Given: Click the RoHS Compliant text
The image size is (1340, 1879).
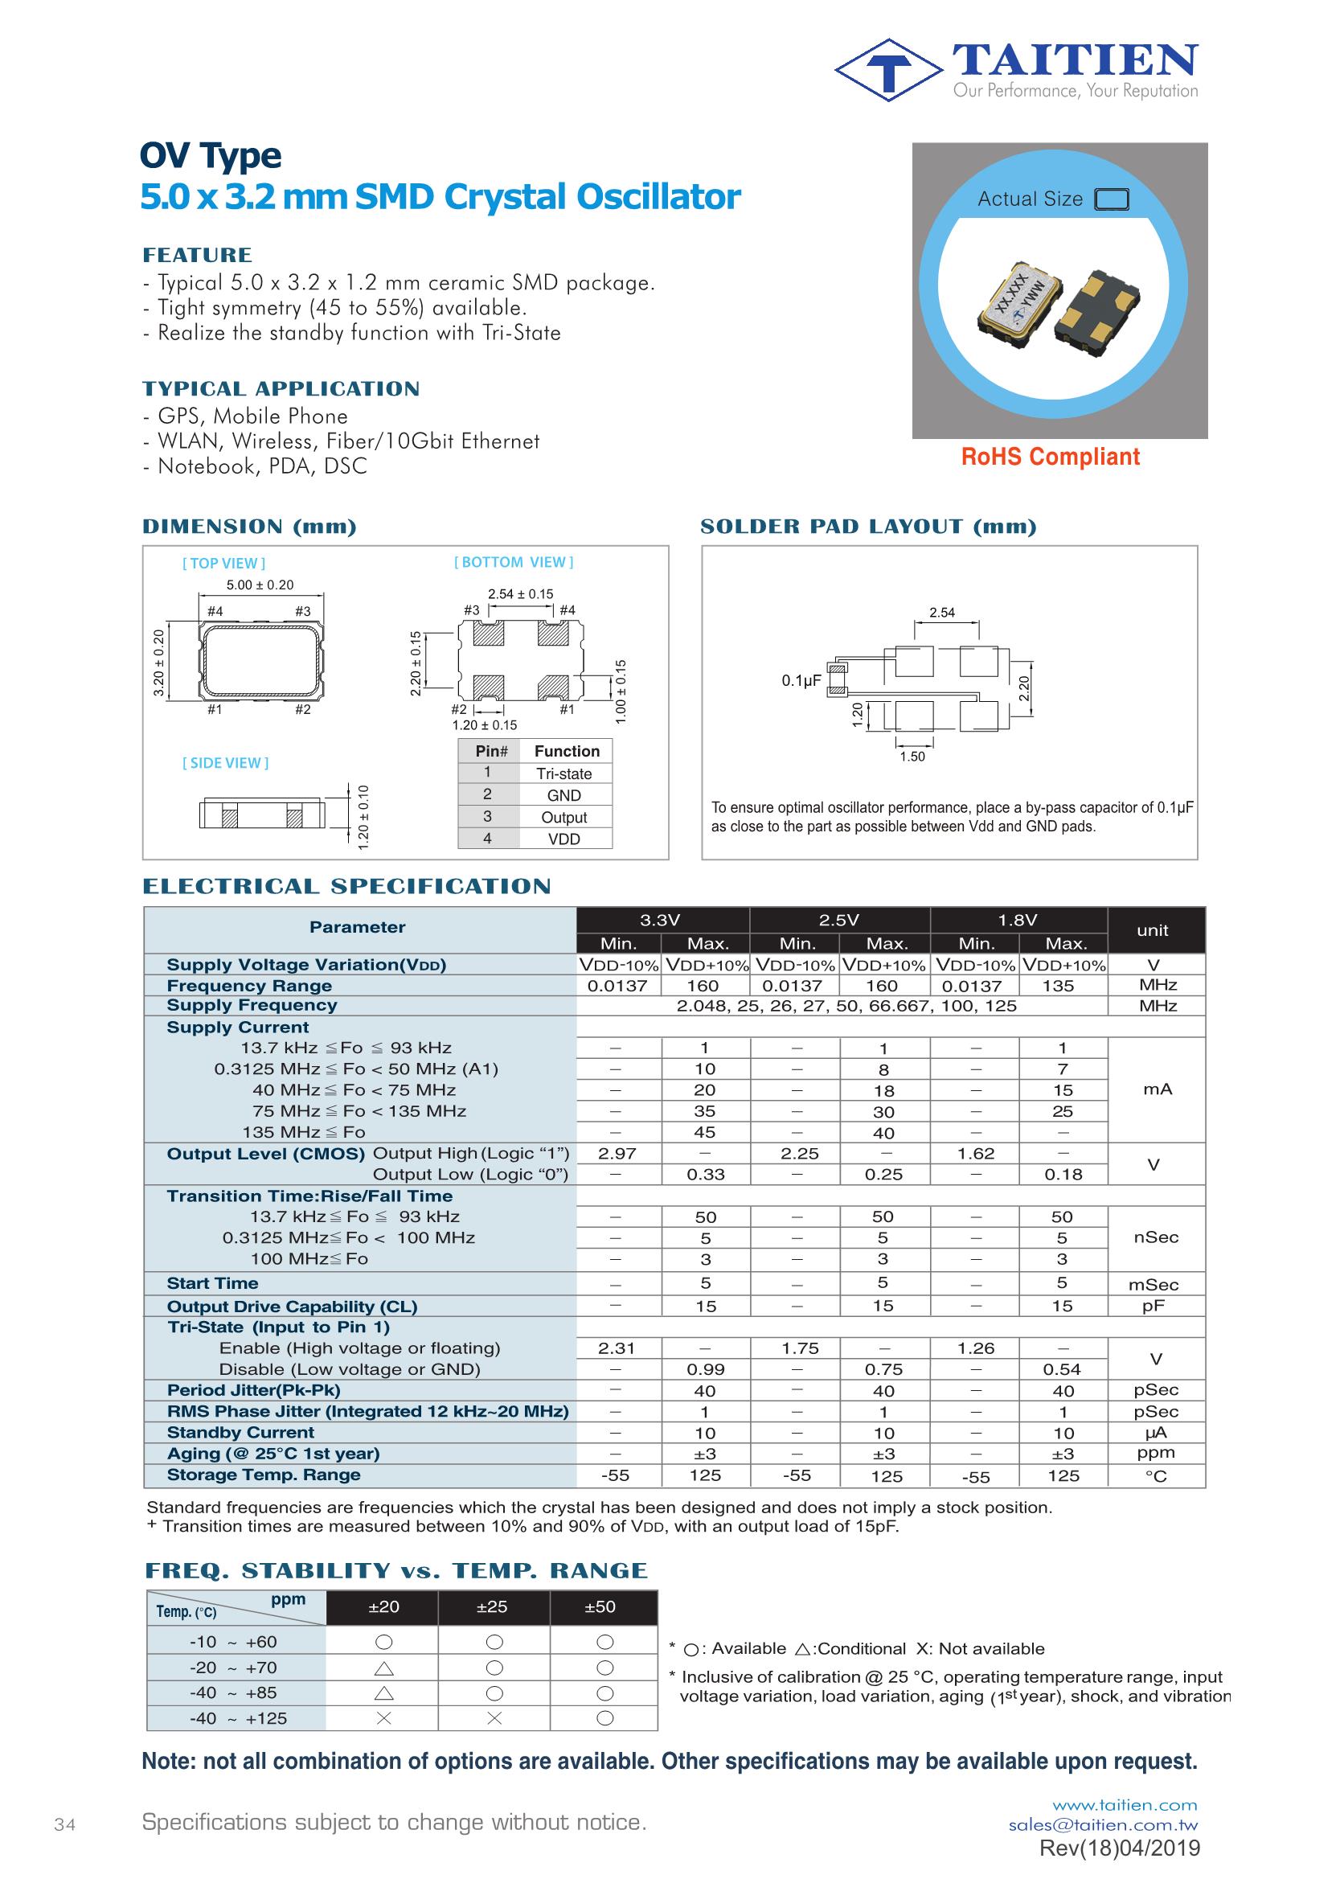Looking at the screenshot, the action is [1051, 457].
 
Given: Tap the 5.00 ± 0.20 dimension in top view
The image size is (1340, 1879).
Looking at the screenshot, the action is [260, 585].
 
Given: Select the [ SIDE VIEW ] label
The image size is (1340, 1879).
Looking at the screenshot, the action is [225, 763].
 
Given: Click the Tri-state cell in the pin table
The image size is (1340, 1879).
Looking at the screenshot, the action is [564, 774].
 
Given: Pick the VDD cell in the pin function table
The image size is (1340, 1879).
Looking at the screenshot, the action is [564, 839].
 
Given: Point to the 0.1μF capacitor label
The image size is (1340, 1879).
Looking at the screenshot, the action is [801, 681].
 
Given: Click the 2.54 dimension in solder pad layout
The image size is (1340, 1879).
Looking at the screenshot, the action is [941, 613].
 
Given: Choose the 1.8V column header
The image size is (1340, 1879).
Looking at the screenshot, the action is [1018, 920].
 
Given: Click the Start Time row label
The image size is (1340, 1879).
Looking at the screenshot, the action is [212, 1283].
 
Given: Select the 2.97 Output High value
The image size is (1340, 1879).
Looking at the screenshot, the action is [617, 1154].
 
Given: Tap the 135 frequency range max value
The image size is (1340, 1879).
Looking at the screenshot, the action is [1058, 986].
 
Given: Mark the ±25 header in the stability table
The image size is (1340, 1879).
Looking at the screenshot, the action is [492, 1623].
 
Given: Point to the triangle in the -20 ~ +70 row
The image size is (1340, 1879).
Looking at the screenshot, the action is [383, 1668].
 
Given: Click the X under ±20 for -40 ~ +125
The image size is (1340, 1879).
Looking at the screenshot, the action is [383, 1719].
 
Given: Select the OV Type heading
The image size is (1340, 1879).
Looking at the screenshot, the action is [211, 156].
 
